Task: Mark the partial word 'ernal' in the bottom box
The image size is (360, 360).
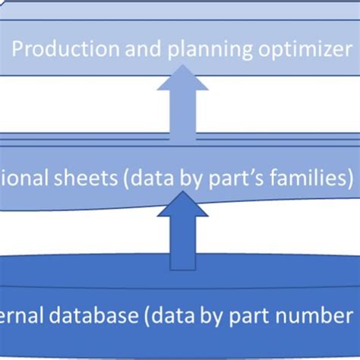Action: (x=18, y=315)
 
